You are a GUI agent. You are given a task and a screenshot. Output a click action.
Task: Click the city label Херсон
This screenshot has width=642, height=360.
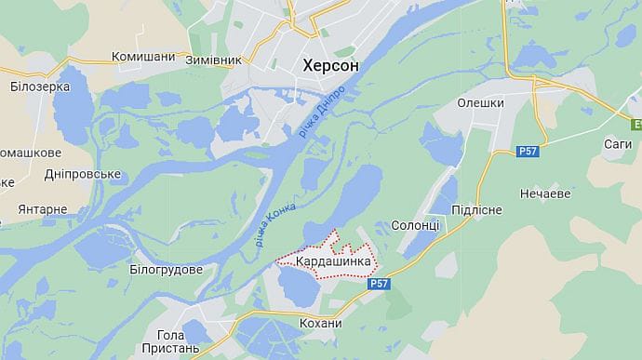(333, 65)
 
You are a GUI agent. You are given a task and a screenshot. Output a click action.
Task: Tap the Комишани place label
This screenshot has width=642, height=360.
(143, 57)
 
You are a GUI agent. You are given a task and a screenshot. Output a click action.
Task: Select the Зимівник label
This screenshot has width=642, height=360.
(215, 59)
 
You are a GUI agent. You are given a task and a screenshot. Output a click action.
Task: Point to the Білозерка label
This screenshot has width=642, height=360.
(40, 87)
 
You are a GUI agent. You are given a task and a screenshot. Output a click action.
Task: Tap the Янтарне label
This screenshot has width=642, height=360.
(42, 209)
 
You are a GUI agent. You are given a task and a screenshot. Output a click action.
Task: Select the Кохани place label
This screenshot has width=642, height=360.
(320, 323)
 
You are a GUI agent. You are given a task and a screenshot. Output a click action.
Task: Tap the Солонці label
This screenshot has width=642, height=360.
(415, 226)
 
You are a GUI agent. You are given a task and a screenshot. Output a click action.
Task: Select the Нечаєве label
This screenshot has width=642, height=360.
(545, 194)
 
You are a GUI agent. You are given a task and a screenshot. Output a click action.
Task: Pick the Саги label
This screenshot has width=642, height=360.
(617, 144)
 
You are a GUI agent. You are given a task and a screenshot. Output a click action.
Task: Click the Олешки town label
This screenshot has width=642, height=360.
(481, 103)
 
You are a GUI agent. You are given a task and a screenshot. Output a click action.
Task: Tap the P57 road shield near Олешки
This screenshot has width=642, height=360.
(528, 151)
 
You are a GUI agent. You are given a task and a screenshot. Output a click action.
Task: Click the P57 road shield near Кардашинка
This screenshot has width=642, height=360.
(378, 285)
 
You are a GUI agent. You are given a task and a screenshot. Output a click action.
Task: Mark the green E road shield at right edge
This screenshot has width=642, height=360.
(636, 125)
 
